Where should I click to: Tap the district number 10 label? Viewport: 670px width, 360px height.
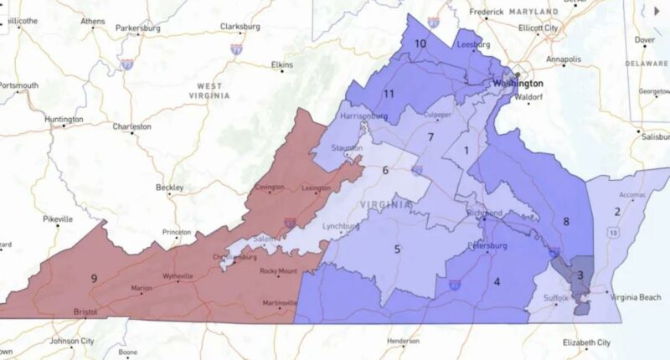click(x=420, y=43)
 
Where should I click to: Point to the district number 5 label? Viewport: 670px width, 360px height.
click(x=397, y=248)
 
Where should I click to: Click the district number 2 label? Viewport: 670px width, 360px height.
click(x=617, y=211)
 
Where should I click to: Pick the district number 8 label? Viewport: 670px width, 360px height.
click(x=566, y=221)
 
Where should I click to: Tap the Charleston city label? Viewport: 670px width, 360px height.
click(x=131, y=126)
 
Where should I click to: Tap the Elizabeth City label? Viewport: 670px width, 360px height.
click(x=586, y=342)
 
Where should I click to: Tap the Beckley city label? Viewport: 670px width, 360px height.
click(x=169, y=188)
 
